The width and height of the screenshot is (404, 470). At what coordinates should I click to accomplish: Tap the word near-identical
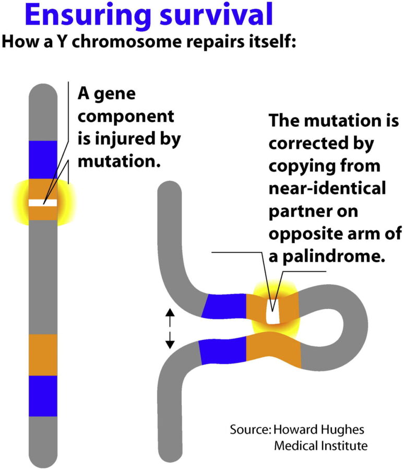327,188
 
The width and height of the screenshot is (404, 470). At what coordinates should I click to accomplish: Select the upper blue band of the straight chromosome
43,160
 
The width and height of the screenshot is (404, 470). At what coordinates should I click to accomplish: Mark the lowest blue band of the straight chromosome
43,396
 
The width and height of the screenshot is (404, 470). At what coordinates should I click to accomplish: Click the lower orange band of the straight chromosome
43,355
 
